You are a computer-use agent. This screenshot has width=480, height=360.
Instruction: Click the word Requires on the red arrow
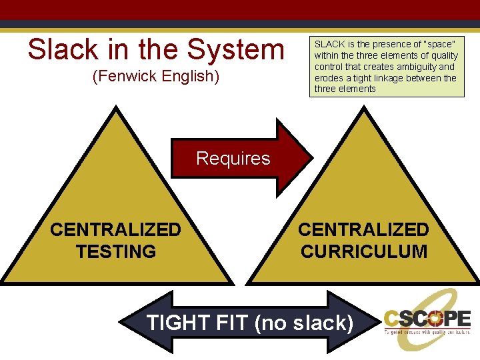pos(233,159)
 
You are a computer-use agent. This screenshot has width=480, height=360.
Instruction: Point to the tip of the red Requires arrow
pos(311,158)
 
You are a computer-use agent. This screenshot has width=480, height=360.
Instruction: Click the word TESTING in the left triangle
pos(116,252)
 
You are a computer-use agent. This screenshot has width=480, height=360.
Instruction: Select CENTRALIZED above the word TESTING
pos(116,230)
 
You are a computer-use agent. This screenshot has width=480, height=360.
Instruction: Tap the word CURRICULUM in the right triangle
pos(364,252)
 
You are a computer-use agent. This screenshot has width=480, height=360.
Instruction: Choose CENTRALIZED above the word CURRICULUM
pos(364,230)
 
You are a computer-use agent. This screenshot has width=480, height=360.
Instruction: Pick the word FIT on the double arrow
pos(231,323)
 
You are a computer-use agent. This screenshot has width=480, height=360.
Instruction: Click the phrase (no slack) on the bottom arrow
pos(304,323)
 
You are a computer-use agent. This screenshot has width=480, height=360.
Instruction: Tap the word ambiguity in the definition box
pos(429,67)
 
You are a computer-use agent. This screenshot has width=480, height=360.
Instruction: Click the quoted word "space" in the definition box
pos(439,44)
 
